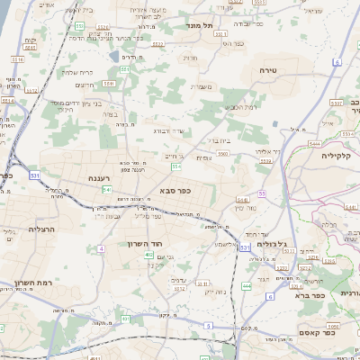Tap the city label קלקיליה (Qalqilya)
(340, 155)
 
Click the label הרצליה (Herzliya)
(41, 229)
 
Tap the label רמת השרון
(30, 283)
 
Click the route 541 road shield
(106, 189)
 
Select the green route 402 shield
(148, 255)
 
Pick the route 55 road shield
(261, 193)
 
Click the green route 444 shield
(246, 286)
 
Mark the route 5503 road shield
(221, 154)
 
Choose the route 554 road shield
(176, 166)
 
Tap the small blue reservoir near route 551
(113, 57)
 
